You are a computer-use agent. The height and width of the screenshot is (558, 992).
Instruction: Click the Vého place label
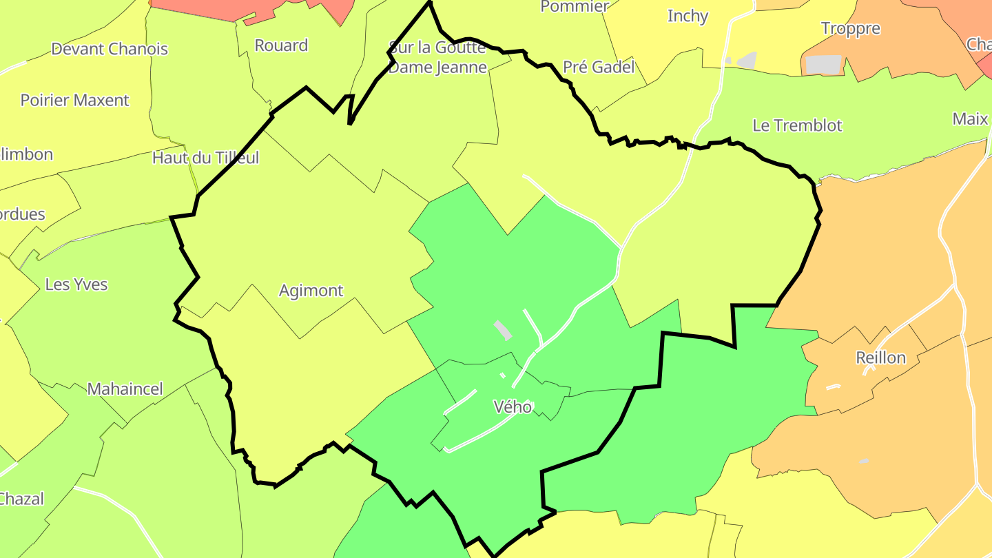click(x=513, y=406)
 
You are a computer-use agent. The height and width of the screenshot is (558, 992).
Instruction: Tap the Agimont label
click(x=311, y=291)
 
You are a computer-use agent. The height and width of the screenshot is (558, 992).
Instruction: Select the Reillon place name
click(x=880, y=358)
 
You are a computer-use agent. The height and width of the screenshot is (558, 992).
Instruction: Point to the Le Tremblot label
click(x=797, y=125)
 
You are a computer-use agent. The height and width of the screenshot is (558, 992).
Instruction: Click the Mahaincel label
click(x=125, y=389)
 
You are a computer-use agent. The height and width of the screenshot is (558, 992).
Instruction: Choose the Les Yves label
click(x=76, y=285)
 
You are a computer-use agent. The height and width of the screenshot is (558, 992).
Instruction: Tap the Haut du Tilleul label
click(x=205, y=158)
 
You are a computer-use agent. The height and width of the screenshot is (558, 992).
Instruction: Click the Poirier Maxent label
click(x=74, y=100)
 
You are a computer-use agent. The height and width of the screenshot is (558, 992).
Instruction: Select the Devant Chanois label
click(x=110, y=49)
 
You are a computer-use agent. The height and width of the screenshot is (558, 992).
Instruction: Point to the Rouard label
click(x=281, y=45)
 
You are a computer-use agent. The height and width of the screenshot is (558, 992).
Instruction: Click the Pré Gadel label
click(x=599, y=67)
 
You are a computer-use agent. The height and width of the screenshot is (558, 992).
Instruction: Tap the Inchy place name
click(x=688, y=16)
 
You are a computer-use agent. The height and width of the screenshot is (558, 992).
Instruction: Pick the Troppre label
click(x=851, y=28)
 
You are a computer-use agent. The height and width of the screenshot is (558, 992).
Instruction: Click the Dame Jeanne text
click(x=438, y=68)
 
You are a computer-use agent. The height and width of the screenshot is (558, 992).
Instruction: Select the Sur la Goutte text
click(x=438, y=48)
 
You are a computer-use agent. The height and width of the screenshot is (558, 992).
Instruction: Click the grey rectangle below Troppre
click(x=823, y=65)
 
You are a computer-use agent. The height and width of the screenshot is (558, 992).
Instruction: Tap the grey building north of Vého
click(x=504, y=329)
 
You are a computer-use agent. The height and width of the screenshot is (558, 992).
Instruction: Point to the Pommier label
click(x=575, y=7)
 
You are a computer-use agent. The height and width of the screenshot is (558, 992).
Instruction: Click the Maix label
click(x=970, y=118)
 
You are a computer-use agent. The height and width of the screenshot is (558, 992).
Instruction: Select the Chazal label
click(x=21, y=499)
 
